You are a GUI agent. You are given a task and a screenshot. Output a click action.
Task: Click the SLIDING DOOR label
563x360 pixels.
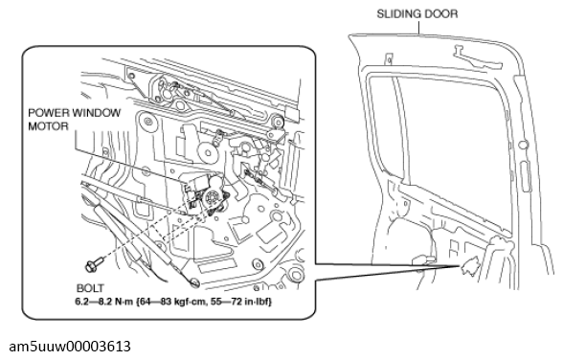(x=417, y=14)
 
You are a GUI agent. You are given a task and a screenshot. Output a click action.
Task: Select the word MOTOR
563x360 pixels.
(x=48, y=126)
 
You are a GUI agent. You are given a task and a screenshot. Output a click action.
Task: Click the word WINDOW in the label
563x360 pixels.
(x=96, y=113)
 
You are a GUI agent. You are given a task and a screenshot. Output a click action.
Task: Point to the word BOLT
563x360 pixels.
(x=90, y=288)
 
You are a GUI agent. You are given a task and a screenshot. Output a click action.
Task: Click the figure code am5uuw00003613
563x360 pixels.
(x=70, y=347)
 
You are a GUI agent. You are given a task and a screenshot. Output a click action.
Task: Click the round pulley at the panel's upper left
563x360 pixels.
(x=147, y=121)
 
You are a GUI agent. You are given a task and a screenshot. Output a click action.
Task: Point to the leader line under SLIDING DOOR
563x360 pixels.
(x=418, y=27)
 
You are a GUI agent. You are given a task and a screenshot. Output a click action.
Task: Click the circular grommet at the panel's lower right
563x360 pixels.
(x=296, y=275)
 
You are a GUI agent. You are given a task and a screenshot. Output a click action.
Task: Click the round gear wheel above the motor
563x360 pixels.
(x=207, y=152)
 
